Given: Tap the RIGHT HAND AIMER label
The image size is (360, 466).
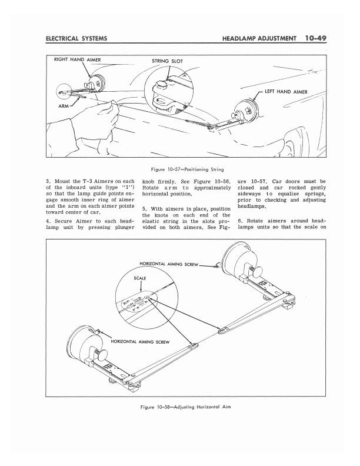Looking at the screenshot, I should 76,58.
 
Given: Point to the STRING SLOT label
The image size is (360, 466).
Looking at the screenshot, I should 169,61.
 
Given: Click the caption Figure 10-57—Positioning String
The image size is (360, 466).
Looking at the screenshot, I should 179,168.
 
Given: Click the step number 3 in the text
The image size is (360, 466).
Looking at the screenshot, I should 47,181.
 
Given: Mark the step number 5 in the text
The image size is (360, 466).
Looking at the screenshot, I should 144,209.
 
